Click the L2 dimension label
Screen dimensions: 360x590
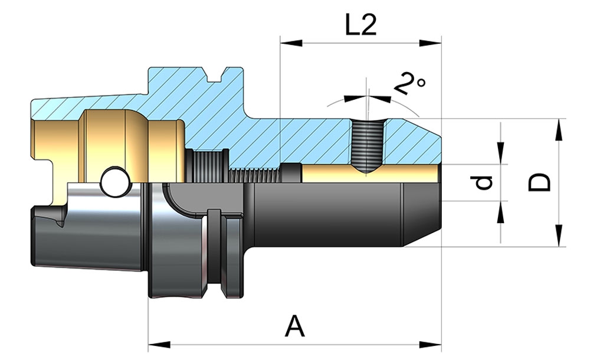point(360,25)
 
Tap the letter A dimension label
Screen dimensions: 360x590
point(295,326)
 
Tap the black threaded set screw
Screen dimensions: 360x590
point(366,145)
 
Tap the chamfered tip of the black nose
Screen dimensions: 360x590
point(422,215)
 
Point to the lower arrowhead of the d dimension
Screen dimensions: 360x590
point(501,211)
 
